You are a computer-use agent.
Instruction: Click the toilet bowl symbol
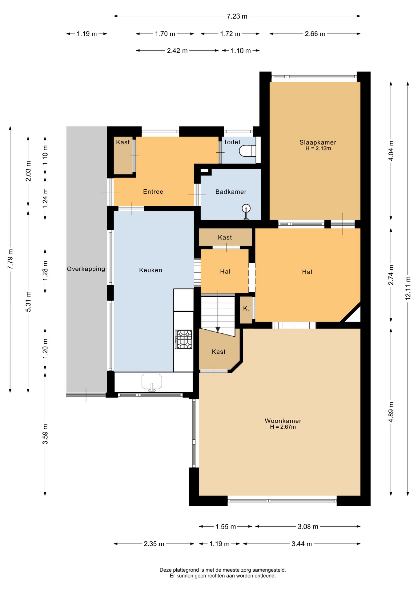pyautogui.click(x=247, y=151)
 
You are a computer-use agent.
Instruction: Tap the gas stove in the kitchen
pyautogui.click(x=183, y=339)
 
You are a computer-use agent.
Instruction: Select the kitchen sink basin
pyautogui.click(x=152, y=382)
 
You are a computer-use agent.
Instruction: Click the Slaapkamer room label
pyautogui.click(x=318, y=142)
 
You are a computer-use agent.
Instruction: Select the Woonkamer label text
pyautogui.click(x=283, y=421)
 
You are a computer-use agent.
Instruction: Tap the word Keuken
pyautogui.click(x=151, y=270)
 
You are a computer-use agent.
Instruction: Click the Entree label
pyautogui.click(x=153, y=191)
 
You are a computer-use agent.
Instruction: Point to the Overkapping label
pyautogui.click(x=86, y=269)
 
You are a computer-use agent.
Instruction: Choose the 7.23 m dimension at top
pyautogui.click(x=237, y=16)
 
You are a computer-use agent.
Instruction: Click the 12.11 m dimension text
pyautogui.click(x=408, y=288)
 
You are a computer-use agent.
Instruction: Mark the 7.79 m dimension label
pyautogui.click(x=10, y=259)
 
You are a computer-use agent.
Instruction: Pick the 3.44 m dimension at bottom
pyautogui.click(x=302, y=544)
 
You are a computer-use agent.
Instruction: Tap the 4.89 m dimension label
pyautogui.click(x=391, y=413)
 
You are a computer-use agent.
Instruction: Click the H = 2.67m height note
pyautogui.click(x=283, y=427)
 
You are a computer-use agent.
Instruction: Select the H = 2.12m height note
pyautogui.click(x=318, y=148)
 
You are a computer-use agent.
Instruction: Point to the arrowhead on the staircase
pyautogui.click(x=218, y=330)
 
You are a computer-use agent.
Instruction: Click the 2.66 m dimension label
pyautogui.click(x=315, y=34)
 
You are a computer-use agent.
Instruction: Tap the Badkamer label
pyautogui.click(x=231, y=192)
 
